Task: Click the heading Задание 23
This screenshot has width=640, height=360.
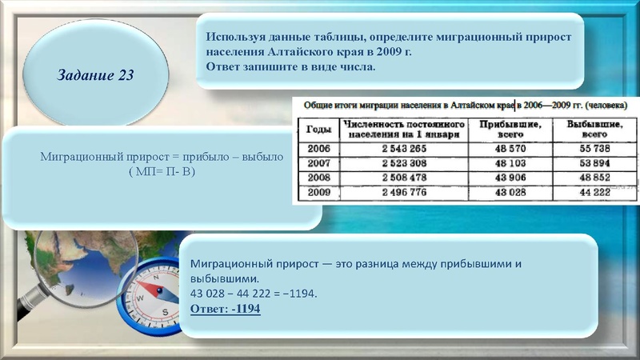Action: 95,76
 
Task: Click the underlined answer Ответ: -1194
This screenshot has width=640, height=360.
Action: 226,309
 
